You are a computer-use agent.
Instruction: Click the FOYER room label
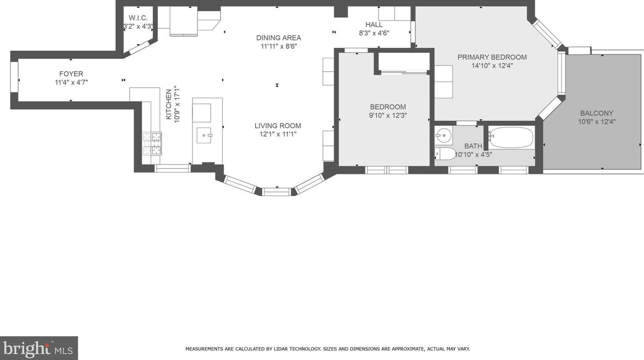click(x=71, y=74)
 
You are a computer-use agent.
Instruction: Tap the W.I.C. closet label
click(x=138, y=18)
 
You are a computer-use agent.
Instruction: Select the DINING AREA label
click(x=278, y=38)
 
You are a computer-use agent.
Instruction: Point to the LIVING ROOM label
click(x=278, y=126)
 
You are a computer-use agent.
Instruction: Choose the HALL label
click(x=374, y=25)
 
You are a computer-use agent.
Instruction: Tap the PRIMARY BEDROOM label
click(x=492, y=57)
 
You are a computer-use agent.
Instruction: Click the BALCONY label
click(x=596, y=113)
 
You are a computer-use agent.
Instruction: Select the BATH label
click(x=473, y=146)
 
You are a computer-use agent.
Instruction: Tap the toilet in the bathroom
click(x=446, y=153)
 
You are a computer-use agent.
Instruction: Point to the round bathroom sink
click(x=444, y=136)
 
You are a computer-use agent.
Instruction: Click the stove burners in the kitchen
click(x=152, y=143)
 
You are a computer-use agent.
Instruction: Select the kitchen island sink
click(x=203, y=135)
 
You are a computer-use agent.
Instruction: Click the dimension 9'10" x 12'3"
click(x=388, y=116)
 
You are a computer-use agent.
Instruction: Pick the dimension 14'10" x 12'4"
click(x=492, y=66)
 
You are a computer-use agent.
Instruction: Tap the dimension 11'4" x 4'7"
click(x=71, y=83)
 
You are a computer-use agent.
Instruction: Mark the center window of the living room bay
click(x=277, y=191)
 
